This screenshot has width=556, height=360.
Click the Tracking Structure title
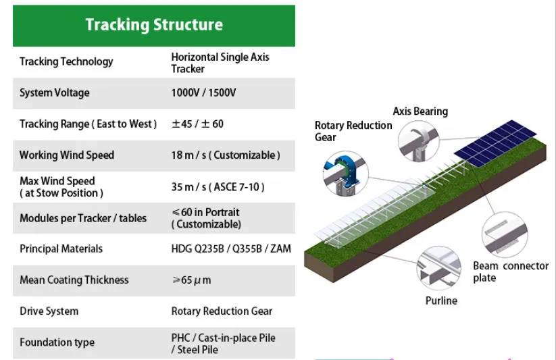(x=154, y=25)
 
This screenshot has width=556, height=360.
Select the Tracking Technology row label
(x=66, y=61)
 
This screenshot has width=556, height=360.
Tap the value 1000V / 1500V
(x=203, y=93)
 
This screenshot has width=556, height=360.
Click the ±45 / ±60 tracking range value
(x=197, y=124)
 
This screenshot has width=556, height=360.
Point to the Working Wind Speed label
(x=67, y=155)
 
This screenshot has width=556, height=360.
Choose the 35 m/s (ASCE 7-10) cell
(x=218, y=186)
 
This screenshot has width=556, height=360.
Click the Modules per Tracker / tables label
(x=83, y=218)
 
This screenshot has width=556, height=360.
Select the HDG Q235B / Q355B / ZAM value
(x=231, y=249)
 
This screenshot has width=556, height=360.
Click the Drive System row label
(x=49, y=311)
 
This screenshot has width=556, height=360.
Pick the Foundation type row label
(x=57, y=342)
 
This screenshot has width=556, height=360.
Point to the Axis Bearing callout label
(x=420, y=111)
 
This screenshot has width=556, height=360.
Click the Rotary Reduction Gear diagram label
(x=353, y=131)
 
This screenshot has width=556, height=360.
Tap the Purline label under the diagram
(x=441, y=301)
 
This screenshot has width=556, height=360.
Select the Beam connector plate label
(x=510, y=272)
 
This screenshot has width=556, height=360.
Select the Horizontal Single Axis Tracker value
(x=220, y=63)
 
